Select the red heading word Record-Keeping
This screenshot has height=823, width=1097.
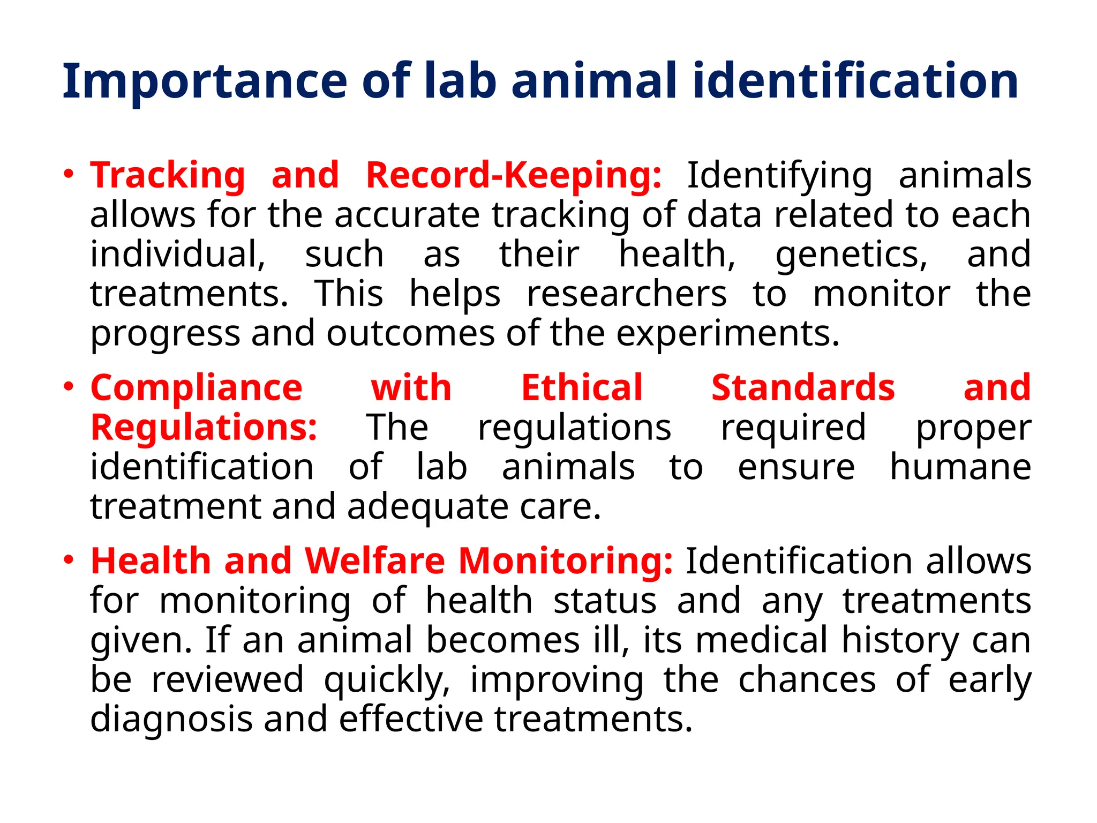pyautogui.click(x=514, y=176)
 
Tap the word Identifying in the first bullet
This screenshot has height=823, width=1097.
pyautogui.click(x=779, y=176)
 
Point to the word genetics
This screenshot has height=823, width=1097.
pyautogui.click(x=851, y=255)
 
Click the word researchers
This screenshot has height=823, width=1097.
pyautogui.click(x=627, y=294)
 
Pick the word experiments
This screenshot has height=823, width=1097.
pyautogui.click(x=727, y=334)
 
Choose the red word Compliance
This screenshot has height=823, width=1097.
pyautogui.click(x=197, y=388)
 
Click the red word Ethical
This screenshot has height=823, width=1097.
pyautogui.click(x=582, y=388)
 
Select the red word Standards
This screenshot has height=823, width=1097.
pyautogui.click(x=803, y=388)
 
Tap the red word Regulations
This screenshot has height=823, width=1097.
pyautogui.click(x=204, y=428)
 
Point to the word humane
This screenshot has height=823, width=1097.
pyautogui.click(x=960, y=467)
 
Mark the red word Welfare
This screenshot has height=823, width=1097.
pyautogui.click(x=375, y=562)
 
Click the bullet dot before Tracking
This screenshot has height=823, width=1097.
pyautogui.click(x=68, y=174)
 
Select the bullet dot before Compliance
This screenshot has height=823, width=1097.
pyautogui.click(x=68, y=386)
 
